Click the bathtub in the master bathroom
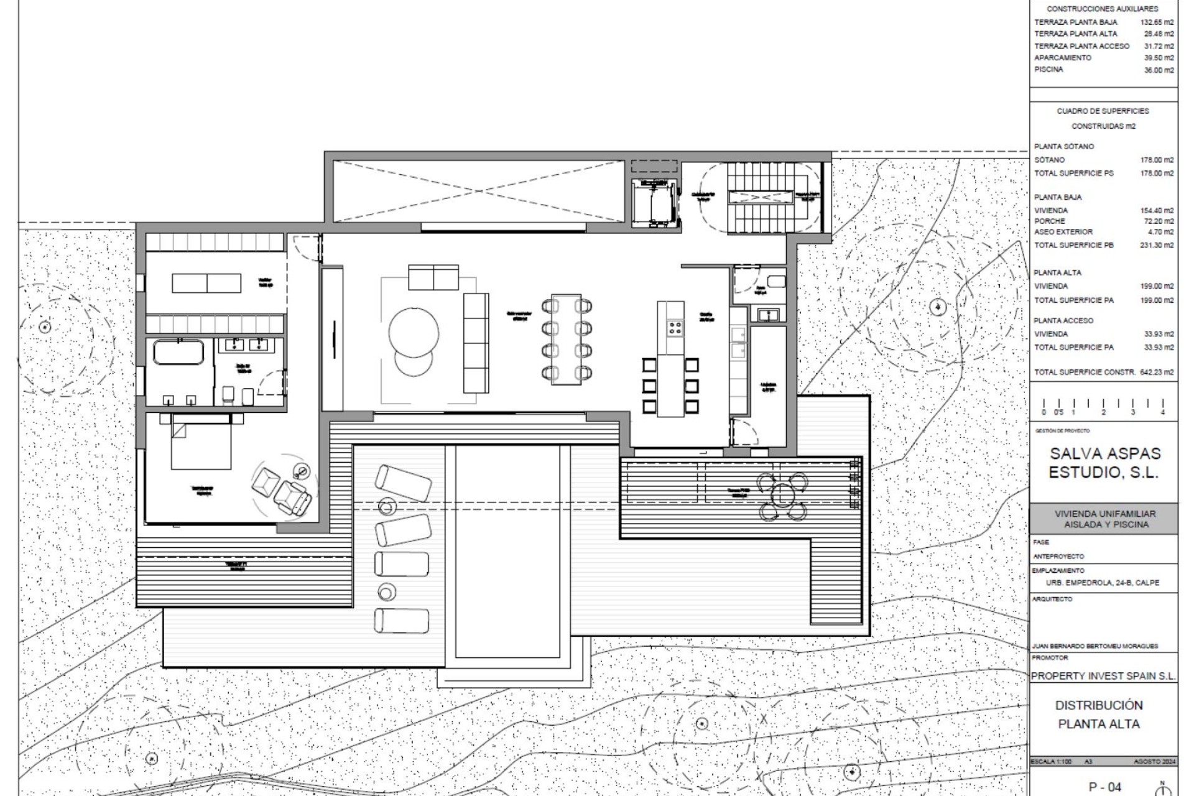[178, 353]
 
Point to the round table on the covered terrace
[782, 496]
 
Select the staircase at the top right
[760, 197]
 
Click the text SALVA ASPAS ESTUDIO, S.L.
[1104, 463]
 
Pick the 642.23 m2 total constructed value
[1157, 372]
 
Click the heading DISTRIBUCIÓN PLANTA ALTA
[1099, 715]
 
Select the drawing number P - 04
[1104, 787]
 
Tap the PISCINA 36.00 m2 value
[1159, 70]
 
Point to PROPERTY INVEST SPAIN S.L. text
[1103, 676]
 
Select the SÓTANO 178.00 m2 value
[1157, 160]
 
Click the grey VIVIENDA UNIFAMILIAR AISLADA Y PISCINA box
[1104, 519]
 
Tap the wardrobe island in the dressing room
[206, 283]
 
